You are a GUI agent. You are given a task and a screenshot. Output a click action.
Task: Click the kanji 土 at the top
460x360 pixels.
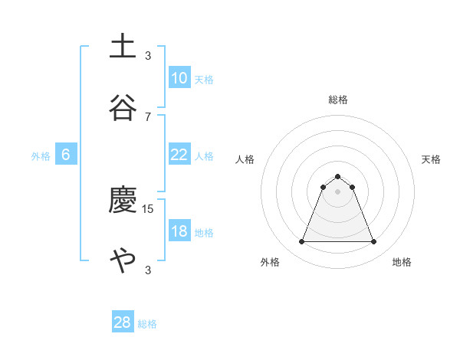click(x=123, y=46)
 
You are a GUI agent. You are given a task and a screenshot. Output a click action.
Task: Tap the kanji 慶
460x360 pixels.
click(x=123, y=201)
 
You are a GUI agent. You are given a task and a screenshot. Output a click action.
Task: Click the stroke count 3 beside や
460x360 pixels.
click(x=148, y=270)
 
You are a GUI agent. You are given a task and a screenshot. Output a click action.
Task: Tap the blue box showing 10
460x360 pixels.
click(x=179, y=78)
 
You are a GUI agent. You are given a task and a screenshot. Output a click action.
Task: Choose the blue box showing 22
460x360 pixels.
click(x=179, y=155)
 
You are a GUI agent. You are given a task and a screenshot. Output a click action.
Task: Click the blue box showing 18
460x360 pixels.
click(x=179, y=231)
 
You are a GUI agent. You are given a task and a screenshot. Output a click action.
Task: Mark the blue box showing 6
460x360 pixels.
click(x=66, y=155)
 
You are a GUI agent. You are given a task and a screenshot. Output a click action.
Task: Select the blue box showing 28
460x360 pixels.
click(x=123, y=322)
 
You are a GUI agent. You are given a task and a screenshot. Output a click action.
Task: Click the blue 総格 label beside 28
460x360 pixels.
click(x=147, y=324)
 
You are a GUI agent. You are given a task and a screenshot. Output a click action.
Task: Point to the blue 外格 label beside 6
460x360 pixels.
click(x=41, y=156)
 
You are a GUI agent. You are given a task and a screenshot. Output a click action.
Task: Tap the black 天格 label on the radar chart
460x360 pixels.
click(x=431, y=159)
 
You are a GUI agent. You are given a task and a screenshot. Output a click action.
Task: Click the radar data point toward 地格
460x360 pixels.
click(x=374, y=242)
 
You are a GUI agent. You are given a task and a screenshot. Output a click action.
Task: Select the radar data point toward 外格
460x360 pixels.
click(x=301, y=242)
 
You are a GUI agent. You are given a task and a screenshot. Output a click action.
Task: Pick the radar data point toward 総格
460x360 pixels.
click(x=337, y=176)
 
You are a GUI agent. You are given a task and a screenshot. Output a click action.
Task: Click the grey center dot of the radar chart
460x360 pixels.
click(x=337, y=191)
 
